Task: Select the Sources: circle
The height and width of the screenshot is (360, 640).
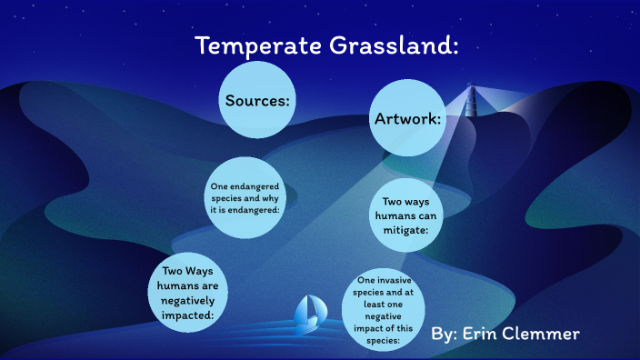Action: point(257,100)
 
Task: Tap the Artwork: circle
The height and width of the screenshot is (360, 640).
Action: point(408,118)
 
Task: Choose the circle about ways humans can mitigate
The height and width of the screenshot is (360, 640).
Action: point(407,216)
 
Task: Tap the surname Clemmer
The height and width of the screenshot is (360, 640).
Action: point(547,335)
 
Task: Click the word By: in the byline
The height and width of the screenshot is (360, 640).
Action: point(445,335)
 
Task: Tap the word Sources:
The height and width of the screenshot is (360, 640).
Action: point(257,100)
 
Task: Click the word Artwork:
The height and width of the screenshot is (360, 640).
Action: point(408,119)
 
